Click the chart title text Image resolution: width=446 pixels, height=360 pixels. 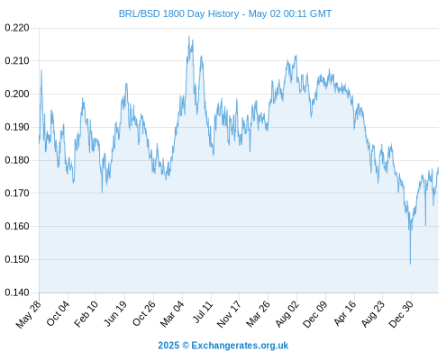pyautogui.click(x=225, y=13)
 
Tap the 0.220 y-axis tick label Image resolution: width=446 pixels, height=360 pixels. pyautogui.click(x=17, y=28)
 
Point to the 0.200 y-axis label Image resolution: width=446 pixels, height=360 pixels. pyautogui.click(x=17, y=94)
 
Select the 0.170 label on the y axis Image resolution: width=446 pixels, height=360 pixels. pyautogui.click(x=17, y=193)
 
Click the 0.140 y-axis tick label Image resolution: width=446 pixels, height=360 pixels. pyautogui.click(x=17, y=292)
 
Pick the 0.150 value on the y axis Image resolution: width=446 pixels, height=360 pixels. pyautogui.click(x=17, y=259)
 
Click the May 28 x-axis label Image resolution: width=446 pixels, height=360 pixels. pyautogui.click(x=29, y=314)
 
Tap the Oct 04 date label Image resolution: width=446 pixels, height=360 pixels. pyautogui.click(x=58, y=313)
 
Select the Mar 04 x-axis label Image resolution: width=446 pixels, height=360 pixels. pyautogui.click(x=172, y=314)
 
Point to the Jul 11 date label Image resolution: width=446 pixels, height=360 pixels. pyautogui.click(x=203, y=312)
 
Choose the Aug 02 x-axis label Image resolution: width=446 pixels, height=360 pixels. pyautogui.click(x=287, y=314)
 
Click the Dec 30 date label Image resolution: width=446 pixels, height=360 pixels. pyautogui.click(x=401, y=314)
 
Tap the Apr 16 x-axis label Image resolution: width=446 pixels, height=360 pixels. pyautogui.click(x=345, y=313)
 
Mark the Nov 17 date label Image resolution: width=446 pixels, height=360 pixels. pyautogui.click(x=229, y=314)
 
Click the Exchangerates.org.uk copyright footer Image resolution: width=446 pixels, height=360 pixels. pyautogui.click(x=223, y=346)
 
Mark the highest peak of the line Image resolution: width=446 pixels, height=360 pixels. pyautogui.click(x=189, y=37)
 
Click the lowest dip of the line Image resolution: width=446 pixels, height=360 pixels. pyautogui.click(x=410, y=264)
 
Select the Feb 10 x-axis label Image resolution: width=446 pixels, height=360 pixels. pyautogui.click(x=86, y=314)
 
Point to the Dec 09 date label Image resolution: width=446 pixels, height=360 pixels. pyautogui.click(x=315, y=314)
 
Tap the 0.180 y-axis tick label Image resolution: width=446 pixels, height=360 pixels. pyautogui.click(x=17, y=160)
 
